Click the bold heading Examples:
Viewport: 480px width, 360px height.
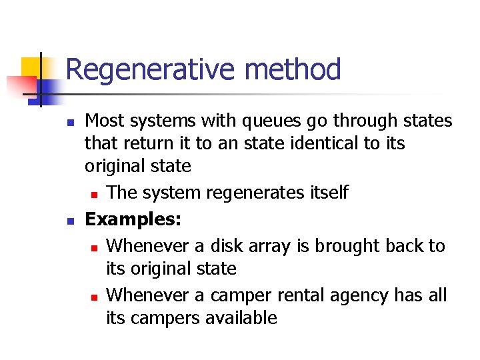tap(134, 219)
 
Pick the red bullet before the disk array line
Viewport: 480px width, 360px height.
tap(95, 247)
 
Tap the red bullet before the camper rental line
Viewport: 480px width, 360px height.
tap(95, 297)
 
